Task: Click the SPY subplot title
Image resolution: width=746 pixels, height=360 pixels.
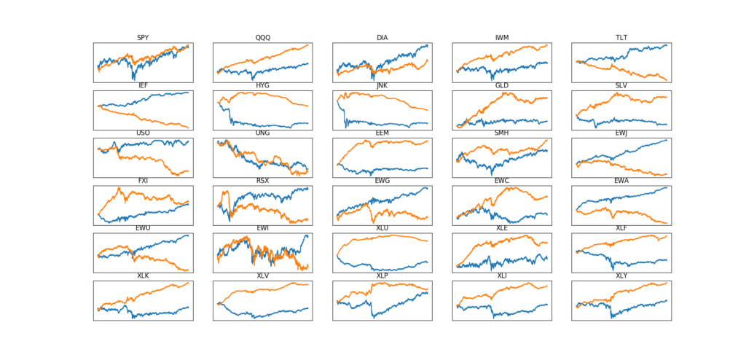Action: click(x=144, y=38)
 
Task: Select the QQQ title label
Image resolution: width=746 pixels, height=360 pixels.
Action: click(x=263, y=38)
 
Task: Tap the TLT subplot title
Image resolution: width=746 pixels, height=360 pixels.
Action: click(x=621, y=38)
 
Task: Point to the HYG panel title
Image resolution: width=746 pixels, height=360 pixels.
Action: click(x=263, y=85)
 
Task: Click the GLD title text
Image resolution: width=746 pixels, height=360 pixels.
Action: click(x=502, y=85)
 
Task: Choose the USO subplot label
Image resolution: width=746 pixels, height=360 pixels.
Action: click(x=144, y=133)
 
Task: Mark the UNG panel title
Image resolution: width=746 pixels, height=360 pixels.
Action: click(x=263, y=133)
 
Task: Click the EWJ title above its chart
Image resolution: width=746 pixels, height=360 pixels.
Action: click(x=621, y=133)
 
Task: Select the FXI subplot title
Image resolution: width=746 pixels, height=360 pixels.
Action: click(x=144, y=181)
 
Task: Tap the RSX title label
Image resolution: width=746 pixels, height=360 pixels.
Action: click(x=263, y=181)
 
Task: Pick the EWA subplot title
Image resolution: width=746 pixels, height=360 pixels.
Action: click(x=621, y=181)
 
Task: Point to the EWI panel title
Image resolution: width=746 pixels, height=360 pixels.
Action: click(x=263, y=228)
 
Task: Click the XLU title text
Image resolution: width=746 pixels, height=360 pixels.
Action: click(x=382, y=228)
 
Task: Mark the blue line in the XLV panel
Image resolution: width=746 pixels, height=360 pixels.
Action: click(x=262, y=314)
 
